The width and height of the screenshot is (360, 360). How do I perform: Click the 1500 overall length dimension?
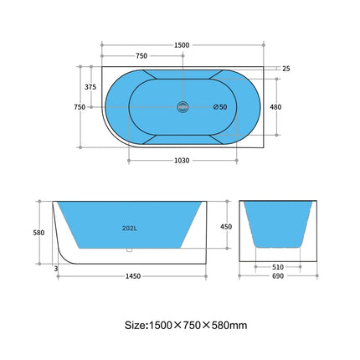pyautogui.click(x=182, y=44)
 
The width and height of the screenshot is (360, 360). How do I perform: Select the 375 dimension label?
pyautogui.click(x=90, y=86)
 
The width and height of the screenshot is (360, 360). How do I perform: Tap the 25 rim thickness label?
pyautogui.click(x=287, y=69)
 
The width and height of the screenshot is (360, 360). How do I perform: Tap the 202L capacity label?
pyautogui.click(x=130, y=227)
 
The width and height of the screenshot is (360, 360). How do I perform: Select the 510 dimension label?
pyautogui.click(x=277, y=269)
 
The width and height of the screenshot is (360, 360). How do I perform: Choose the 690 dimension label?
pyautogui.click(x=277, y=276)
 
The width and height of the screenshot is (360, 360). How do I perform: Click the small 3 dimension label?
pyautogui.click(x=55, y=268)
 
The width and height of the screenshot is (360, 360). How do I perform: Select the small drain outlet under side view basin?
pyautogui.click(x=129, y=249)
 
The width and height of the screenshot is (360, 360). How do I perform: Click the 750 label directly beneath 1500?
pyautogui.click(x=141, y=56)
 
